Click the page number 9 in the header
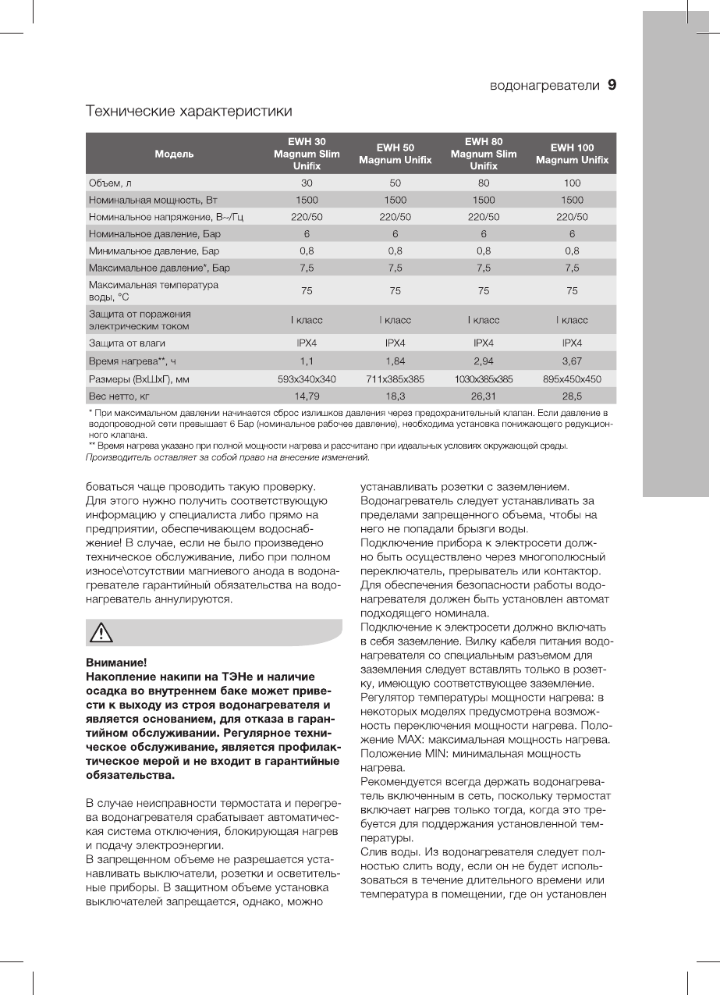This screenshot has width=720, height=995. click(612, 85)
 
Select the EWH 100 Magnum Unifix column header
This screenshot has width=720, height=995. click(572, 154)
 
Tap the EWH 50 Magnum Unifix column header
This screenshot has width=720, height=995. click(395, 154)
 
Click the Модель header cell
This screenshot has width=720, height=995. click(174, 154)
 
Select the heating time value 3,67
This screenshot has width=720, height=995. click(572, 361)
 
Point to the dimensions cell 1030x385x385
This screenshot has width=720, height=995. click(484, 379)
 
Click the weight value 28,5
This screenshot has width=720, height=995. click(572, 396)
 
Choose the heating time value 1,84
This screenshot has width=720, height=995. click(395, 361)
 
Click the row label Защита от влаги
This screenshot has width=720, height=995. click(127, 343)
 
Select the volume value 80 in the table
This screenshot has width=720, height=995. click(484, 183)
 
